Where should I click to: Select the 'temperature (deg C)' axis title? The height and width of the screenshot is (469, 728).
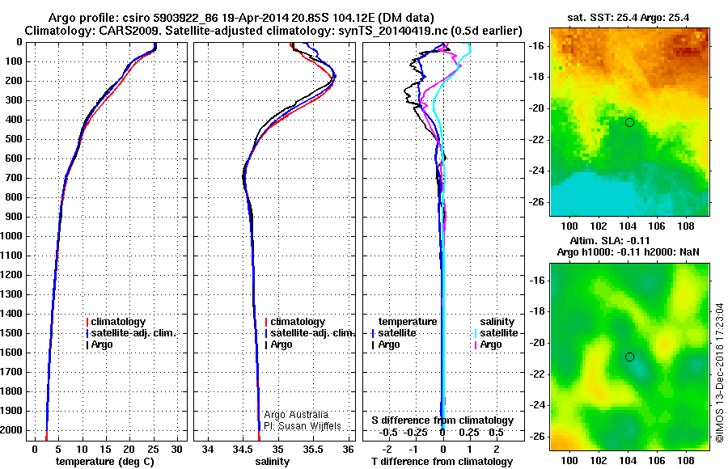click(x=104, y=462)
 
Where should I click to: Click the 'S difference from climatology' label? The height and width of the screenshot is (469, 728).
click(x=442, y=420)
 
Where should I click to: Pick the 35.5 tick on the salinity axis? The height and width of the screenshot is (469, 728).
click(x=313, y=449)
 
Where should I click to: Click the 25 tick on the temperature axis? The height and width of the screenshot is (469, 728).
click(x=152, y=449)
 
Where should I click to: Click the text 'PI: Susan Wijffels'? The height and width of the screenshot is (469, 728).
click(x=303, y=426)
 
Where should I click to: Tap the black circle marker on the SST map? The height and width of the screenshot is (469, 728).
click(x=629, y=122)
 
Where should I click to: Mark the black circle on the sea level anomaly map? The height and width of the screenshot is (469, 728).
click(x=629, y=357)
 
